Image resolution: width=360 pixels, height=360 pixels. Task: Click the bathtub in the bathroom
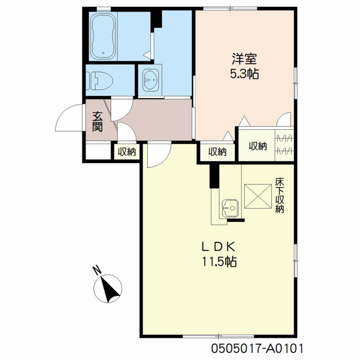(103, 36)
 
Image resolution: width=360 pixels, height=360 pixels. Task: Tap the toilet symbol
(100, 81)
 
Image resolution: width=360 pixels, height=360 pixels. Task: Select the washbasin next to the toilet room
(151, 80)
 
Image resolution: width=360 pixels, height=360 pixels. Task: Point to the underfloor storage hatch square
(258, 196)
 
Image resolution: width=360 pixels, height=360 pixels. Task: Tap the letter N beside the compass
(97, 270)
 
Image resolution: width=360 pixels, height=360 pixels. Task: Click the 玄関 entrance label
(97, 121)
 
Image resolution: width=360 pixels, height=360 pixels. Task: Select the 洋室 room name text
(244, 59)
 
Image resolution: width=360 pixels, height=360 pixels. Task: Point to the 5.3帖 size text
(244, 74)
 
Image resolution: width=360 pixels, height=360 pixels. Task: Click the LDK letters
(218, 247)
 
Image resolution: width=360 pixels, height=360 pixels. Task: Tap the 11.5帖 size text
(219, 262)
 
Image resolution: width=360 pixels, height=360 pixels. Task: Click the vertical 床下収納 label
(279, 195)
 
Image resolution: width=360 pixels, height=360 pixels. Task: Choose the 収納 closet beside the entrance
(127, 152)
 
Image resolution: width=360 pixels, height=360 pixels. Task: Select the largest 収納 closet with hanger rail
(266, 145)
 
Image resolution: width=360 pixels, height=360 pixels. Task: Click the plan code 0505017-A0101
(257, 348)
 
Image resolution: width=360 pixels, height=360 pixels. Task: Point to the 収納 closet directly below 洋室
(218, 152)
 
